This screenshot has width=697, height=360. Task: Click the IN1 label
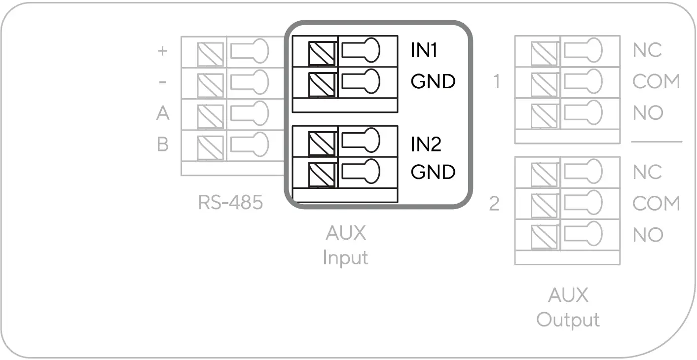[x=425, y=50]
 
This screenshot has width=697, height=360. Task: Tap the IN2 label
[x=426, y=144]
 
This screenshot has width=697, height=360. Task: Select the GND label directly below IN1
[x=433, y=81]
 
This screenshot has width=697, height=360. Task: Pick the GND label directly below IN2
[x=433, y=172]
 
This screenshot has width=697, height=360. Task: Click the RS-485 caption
[x=230, y=202]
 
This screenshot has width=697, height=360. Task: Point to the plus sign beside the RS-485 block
[x=162, y=51]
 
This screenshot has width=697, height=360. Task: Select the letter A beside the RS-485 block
[x=163, y=113]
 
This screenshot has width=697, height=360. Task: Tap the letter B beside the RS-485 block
[x=163, y=145]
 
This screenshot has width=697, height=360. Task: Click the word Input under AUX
[x=345, y=257]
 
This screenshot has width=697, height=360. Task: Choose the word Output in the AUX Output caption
[x=568, y=320]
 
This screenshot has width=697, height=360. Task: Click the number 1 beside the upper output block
[x=497, y=82]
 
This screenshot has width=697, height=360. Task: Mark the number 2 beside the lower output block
[x=495, y=204]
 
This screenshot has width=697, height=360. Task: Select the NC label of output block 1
[x=647, y=50]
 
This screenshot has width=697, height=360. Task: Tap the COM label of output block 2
[x=656, y=204]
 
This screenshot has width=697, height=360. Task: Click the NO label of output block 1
[x=648, y=113]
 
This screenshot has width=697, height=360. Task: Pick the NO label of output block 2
[x=648, y=235]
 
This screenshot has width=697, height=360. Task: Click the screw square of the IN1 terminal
[x=322, y=53]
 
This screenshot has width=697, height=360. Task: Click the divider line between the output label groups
[x=657, y=142]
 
